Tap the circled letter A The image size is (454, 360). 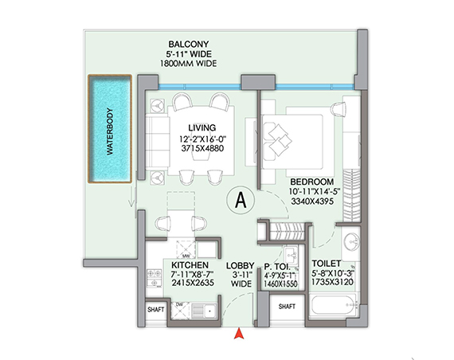coord(237,201)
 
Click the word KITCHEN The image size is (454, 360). coord(190,264)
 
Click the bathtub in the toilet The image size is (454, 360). coord(335,307)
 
